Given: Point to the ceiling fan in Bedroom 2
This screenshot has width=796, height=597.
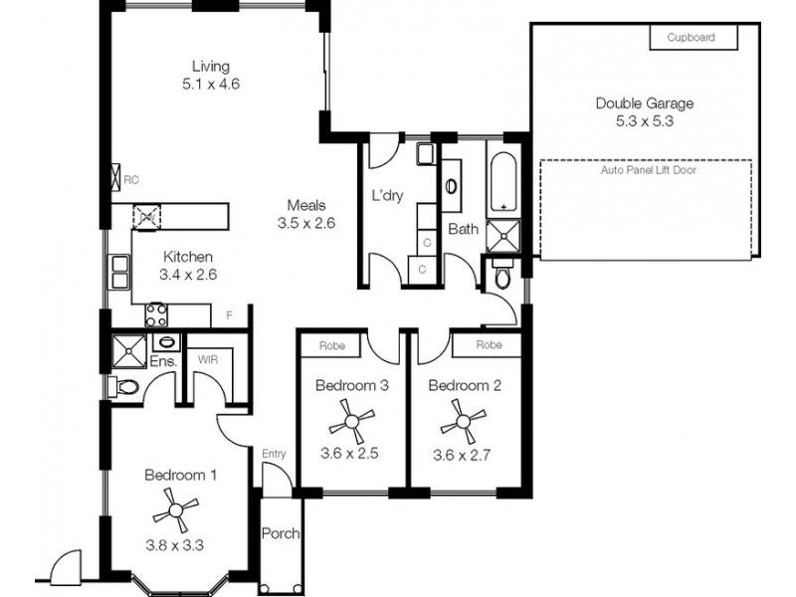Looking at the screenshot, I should coord(462,422).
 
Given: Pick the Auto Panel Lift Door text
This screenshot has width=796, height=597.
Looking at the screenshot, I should coord(648,170).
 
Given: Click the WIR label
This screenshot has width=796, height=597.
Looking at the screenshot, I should coord(208,360).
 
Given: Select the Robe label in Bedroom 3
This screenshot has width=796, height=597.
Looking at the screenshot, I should coord(331,345).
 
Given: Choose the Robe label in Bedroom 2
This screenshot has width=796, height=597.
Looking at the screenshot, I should coord(488,345).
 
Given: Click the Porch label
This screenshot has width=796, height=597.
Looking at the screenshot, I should coord(280,533).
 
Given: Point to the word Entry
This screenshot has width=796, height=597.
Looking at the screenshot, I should coord(274,454).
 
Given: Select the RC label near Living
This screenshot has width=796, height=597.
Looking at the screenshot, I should coord(130,179).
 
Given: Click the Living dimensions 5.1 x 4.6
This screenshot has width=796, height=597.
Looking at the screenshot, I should coord(211,85).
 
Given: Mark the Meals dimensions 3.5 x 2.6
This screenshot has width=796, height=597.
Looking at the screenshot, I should coord(305,224).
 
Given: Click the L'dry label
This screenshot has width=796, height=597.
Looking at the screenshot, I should coord(386,196).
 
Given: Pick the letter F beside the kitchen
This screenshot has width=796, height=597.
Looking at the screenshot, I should coord(229,316).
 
